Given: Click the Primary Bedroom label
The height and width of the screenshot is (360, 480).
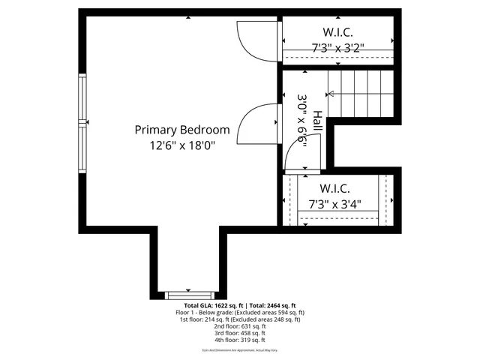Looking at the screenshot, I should pyautogui.click(x=181, y=130).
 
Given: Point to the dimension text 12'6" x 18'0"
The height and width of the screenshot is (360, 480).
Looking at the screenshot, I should pyautogui.click(x=181, y=146).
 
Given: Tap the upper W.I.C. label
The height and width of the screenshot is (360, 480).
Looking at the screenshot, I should pyautogui.click(x=337, y=32).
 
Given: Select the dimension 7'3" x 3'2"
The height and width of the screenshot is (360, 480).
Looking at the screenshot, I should pyautogui.click(x=337, y=47).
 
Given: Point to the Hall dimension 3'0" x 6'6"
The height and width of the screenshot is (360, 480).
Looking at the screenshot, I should pyautogui.click(x=303, y=122).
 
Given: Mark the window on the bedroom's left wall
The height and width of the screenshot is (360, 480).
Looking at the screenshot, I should pyautogui.click(x=83, y=121).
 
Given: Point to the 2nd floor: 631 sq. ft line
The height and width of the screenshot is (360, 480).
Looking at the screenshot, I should pyautogui.click(x=239, y=326).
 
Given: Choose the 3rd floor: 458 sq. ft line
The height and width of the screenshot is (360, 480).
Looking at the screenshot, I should pyautogui.click(x=239, y=333).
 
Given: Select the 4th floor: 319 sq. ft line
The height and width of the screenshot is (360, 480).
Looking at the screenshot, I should pyautogui.click(x=239, y=340).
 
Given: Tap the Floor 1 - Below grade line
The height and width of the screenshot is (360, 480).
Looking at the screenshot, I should pyautogui.click(x=239, y=312).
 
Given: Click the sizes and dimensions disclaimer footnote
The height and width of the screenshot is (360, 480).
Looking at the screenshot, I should pyautogui.click(x=239, y=350).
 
